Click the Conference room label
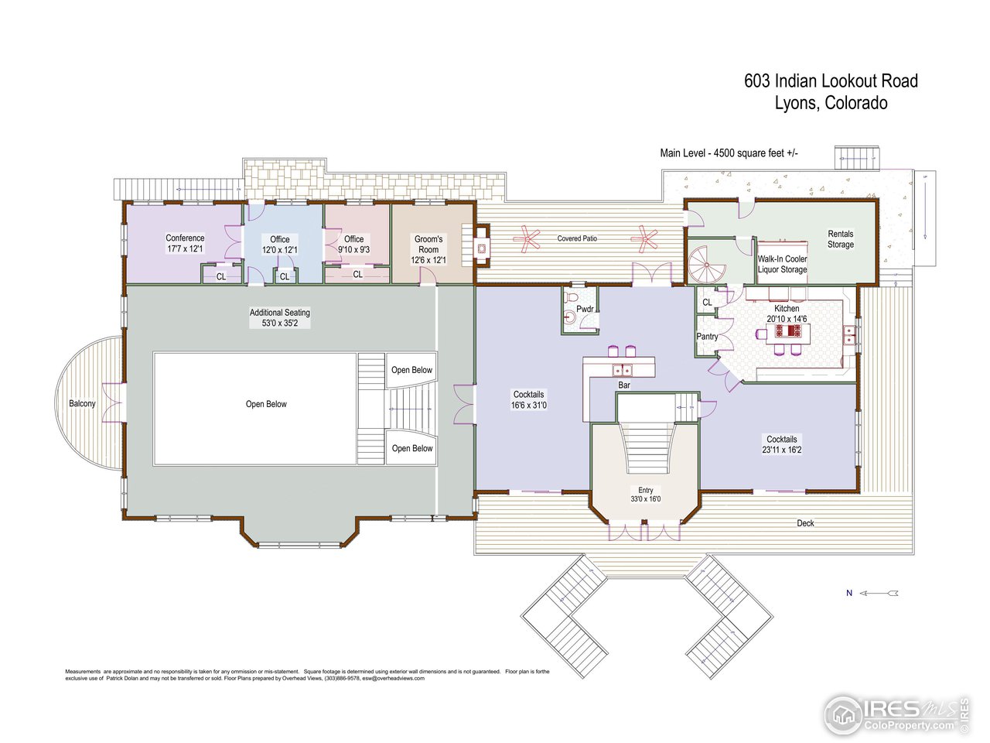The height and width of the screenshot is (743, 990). tap(185, 243)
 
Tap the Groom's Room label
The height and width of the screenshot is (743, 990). tap(428, 249)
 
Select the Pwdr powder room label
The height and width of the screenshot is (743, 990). tap(585, 309)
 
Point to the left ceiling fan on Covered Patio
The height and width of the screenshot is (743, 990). tap(527, 239)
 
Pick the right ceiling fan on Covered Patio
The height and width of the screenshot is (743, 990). tap(644, 238)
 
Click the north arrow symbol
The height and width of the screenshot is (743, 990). tap(879, 593)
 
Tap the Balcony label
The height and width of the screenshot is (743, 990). tap(82, 403)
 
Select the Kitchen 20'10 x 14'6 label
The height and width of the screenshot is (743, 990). tap(787, 313)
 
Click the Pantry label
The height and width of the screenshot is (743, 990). tap(707, 337)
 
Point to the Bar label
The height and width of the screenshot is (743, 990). tap(624, 385)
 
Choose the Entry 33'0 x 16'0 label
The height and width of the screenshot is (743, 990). tap(645, 495)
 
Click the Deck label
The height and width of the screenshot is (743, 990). tap(805, 523)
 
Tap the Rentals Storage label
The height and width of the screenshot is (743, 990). tap(841, 239)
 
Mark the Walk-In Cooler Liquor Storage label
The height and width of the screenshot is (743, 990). tap(782, 264)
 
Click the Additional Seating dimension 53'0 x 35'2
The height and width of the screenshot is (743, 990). tap(280, 323)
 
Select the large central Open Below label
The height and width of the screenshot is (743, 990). tap(266, 404)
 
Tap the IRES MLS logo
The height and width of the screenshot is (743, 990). tap(896, 716)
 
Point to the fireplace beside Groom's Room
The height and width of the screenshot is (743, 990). tap(482, 248)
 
